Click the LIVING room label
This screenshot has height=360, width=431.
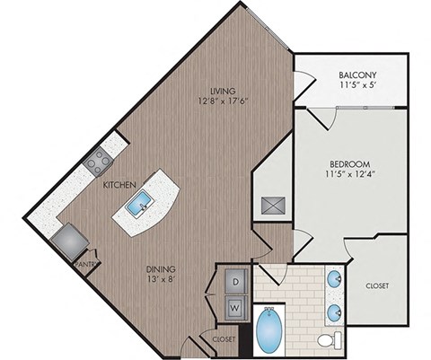[x=223, y=91]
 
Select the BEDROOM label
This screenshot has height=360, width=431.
[x=350, y=163]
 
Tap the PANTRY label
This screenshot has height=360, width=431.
[x=84, y=265]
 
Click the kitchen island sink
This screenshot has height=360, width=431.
[x=141, y=207]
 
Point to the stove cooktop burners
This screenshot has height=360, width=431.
[x=96, y=161]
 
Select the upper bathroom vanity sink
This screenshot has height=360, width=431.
[x=334, y=277]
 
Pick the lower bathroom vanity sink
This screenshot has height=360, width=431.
[x=334, y=312]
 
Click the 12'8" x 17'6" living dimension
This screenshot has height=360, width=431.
[x=223, y=102]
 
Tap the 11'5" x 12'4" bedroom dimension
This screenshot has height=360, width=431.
[x=350, y=176]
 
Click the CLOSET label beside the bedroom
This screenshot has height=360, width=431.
[x=377, y=285]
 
